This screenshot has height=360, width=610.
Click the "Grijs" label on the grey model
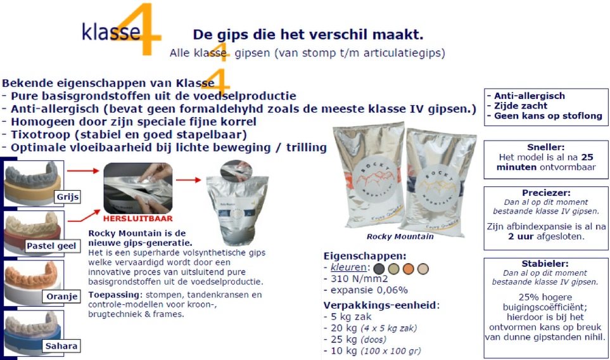(68, 197)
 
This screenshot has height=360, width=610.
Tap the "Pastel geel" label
(51, 246)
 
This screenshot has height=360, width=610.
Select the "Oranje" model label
(62, 297)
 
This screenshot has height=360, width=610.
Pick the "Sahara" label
(61, 346)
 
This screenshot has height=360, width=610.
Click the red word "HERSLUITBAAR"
(137, 218)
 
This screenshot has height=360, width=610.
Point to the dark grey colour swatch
(379, 269)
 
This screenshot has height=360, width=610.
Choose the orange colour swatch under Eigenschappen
(408, 269)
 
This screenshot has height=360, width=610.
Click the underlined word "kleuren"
(348, 267)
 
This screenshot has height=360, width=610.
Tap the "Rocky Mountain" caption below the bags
(400, 236)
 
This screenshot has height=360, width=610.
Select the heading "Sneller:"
(546, 147)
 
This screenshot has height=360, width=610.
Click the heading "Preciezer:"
(546, 193)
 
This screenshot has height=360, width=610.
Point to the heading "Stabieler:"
(545, 264)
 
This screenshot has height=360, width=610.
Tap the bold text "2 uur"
(521, 236)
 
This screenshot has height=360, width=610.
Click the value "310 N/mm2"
(359, 279)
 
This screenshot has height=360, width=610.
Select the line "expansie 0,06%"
(369, 290)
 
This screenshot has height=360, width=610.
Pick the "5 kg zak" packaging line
(351, 317)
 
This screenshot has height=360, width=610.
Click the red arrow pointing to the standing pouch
(188, 180)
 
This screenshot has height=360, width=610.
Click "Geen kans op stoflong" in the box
(548, 115)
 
